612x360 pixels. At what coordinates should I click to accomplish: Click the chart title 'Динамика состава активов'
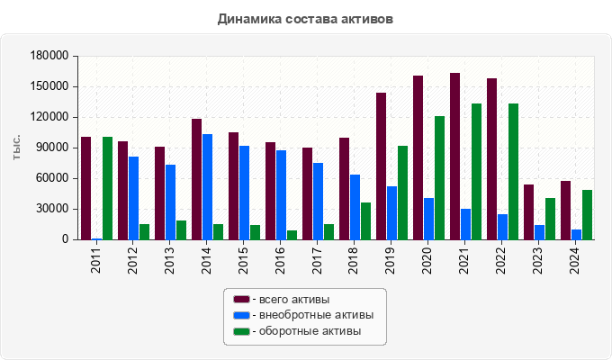(x=306, y=18)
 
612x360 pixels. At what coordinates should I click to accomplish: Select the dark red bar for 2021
(x=455, y=157)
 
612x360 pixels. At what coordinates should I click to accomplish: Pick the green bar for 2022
(x=513, y=172)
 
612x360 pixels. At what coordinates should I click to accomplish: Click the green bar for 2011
(x=108, y=188)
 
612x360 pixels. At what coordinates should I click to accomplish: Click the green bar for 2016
(x=292, y=235)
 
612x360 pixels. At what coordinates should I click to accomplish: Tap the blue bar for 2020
(x=429, y=219)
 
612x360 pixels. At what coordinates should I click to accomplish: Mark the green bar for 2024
(x=587, y=215)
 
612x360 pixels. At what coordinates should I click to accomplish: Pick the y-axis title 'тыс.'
(x=17, y=148)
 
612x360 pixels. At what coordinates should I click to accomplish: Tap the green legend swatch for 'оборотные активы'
(x=240, y=331)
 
